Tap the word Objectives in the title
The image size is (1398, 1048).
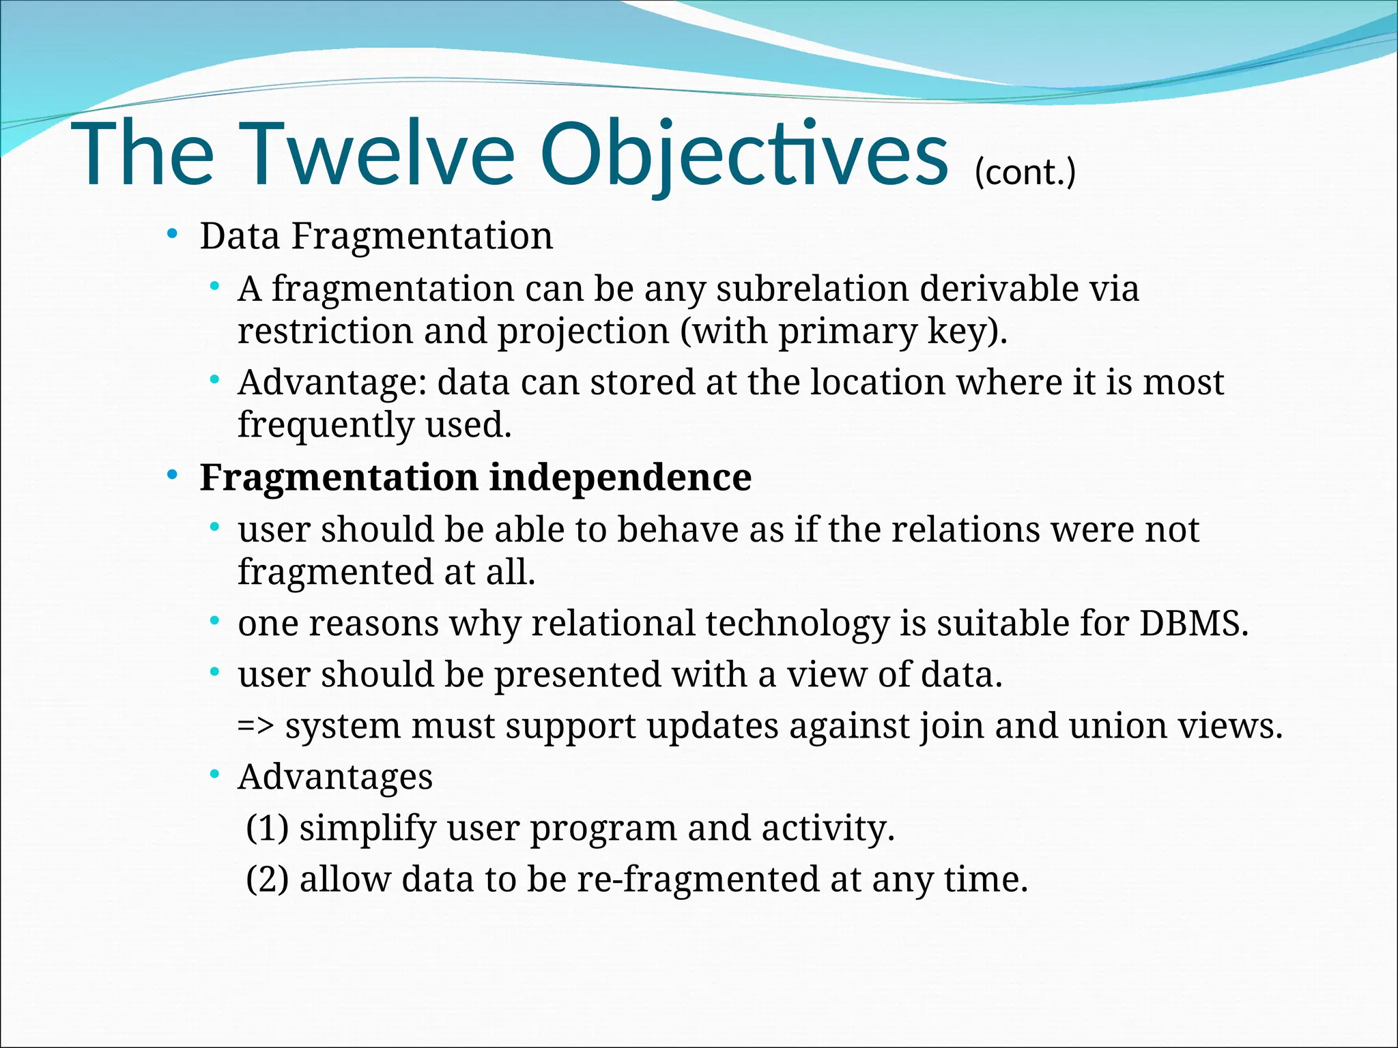click(743, 154)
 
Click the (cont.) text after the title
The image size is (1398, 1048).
click(1025, 172)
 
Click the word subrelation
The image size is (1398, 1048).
click(812, 289)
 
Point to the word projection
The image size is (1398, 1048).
click(583, 332)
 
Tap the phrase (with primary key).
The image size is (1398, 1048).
click(844, 332)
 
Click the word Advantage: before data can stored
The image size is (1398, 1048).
click(332, 382)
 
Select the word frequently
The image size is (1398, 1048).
click(326, 424)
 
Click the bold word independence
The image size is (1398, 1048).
click(620, 477)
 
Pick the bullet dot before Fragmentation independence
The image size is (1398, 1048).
click(173, 474)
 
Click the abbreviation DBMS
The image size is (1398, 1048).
click(1193, 623)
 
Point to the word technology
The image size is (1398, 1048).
click(797, 624)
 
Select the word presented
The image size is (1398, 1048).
click(577, 675)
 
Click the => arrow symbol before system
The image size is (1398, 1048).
click(256, 725)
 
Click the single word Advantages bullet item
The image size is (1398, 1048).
click(335, 777)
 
